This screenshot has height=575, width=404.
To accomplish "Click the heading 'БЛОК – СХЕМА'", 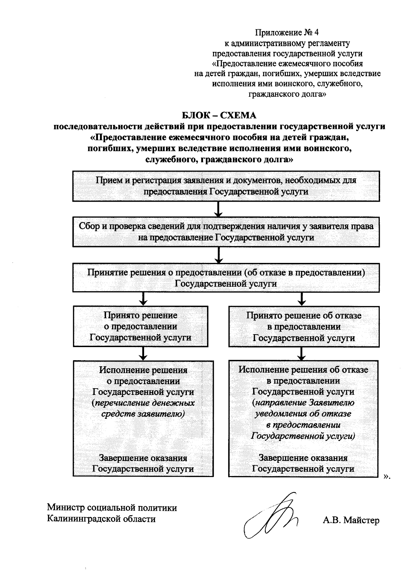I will click(x=219, y=115).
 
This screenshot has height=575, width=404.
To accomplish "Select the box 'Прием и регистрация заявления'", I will click(x=226, y=186).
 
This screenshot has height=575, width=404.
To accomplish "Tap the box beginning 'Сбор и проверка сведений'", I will click(x=226, y=232).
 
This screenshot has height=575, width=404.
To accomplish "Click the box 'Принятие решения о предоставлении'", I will click(x=226, y=278).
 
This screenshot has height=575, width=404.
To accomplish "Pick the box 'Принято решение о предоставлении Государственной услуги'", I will click(x=140, y=326).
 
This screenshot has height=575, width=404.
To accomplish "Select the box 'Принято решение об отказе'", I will click(x=304, y=326).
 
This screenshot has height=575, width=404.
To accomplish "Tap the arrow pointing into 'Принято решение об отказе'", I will click(x=302, y=299).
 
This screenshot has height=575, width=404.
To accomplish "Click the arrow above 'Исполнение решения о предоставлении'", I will click(x=143, y=353).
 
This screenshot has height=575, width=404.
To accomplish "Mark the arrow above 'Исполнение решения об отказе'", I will click(x=302, y=353).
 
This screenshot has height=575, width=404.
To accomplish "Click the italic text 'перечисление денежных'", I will click(x=144, y=403).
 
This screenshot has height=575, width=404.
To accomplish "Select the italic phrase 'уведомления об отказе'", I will click(x=303, y=413).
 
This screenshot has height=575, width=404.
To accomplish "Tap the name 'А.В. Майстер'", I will click(x=351, y=520).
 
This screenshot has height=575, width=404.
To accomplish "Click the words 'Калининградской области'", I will click(x=101, y=519).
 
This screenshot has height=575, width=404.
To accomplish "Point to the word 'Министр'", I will click(x=65, y=508).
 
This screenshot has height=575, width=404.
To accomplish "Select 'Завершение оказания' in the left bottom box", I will click(x=143, y=458).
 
